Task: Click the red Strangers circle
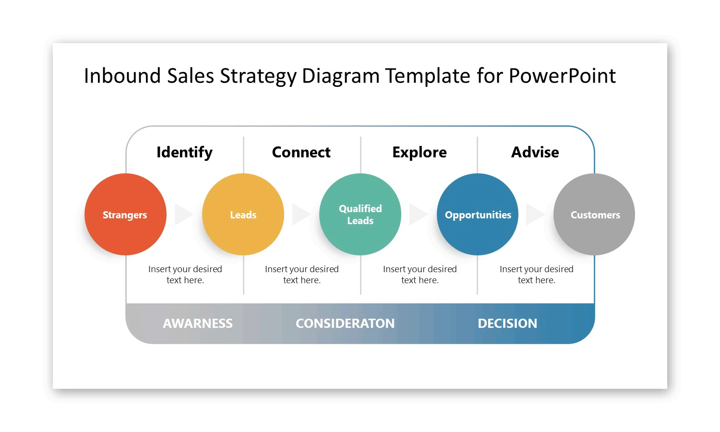[125, 214]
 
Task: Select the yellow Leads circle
[243, 214]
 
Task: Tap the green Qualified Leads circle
[360, 214]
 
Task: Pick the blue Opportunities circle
[478, 214]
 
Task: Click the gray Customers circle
[594, 214]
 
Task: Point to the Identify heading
[184, 152]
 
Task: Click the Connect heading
[301, 152]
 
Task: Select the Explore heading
[419, 152]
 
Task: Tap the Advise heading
[535, 152]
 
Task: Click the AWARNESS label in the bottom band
[197, 324]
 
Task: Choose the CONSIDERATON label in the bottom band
[345, 324]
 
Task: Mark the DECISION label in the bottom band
[507, 324]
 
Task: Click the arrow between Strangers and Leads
[183, 214]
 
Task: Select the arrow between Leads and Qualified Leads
[300, 214]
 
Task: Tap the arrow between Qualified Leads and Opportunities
[418, 214]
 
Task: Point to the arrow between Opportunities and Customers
[535, 214]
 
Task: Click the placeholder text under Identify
[185, 275]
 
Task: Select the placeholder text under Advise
[536, 275]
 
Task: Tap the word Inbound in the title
[122, 76]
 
